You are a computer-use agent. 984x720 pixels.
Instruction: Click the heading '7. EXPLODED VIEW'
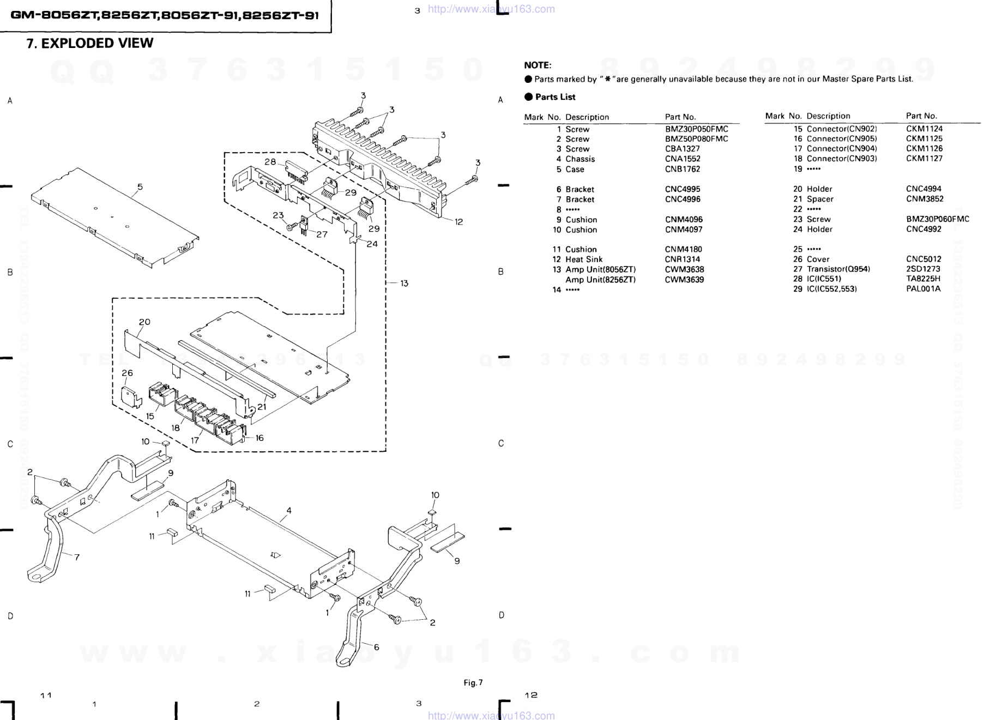pos(89,44)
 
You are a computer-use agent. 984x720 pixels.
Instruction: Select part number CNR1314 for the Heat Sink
pos(682,259)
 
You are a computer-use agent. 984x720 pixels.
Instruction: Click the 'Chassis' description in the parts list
pos(580,159)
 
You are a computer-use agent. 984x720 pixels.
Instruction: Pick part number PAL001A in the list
pos(923,289)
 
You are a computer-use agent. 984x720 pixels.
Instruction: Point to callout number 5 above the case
pos(140,187)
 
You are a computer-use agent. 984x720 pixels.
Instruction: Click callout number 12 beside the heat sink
pos(458,222)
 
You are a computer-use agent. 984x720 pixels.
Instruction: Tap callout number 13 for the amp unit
pos(404,283)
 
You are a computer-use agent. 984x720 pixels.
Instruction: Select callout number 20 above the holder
pos(144,322)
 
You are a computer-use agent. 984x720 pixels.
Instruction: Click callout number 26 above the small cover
pos(127,373)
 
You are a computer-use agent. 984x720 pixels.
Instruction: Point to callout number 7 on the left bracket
pos(77,557)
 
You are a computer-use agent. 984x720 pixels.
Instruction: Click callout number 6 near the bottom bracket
pos(376,647)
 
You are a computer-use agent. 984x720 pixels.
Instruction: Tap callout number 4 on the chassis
pos(289,511)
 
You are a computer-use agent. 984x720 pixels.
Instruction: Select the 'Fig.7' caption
pos(473,683)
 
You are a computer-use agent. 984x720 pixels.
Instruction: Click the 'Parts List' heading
pos(555,97)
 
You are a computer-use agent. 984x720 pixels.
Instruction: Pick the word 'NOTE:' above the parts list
pos(538,65)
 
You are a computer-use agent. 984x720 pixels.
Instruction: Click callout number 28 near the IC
pos(270,162)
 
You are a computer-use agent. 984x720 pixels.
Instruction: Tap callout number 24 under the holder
pos(372,244)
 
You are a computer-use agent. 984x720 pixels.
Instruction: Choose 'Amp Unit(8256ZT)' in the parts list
pos(600,280)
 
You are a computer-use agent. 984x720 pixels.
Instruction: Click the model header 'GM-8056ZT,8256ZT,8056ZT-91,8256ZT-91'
pos(165,16)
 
